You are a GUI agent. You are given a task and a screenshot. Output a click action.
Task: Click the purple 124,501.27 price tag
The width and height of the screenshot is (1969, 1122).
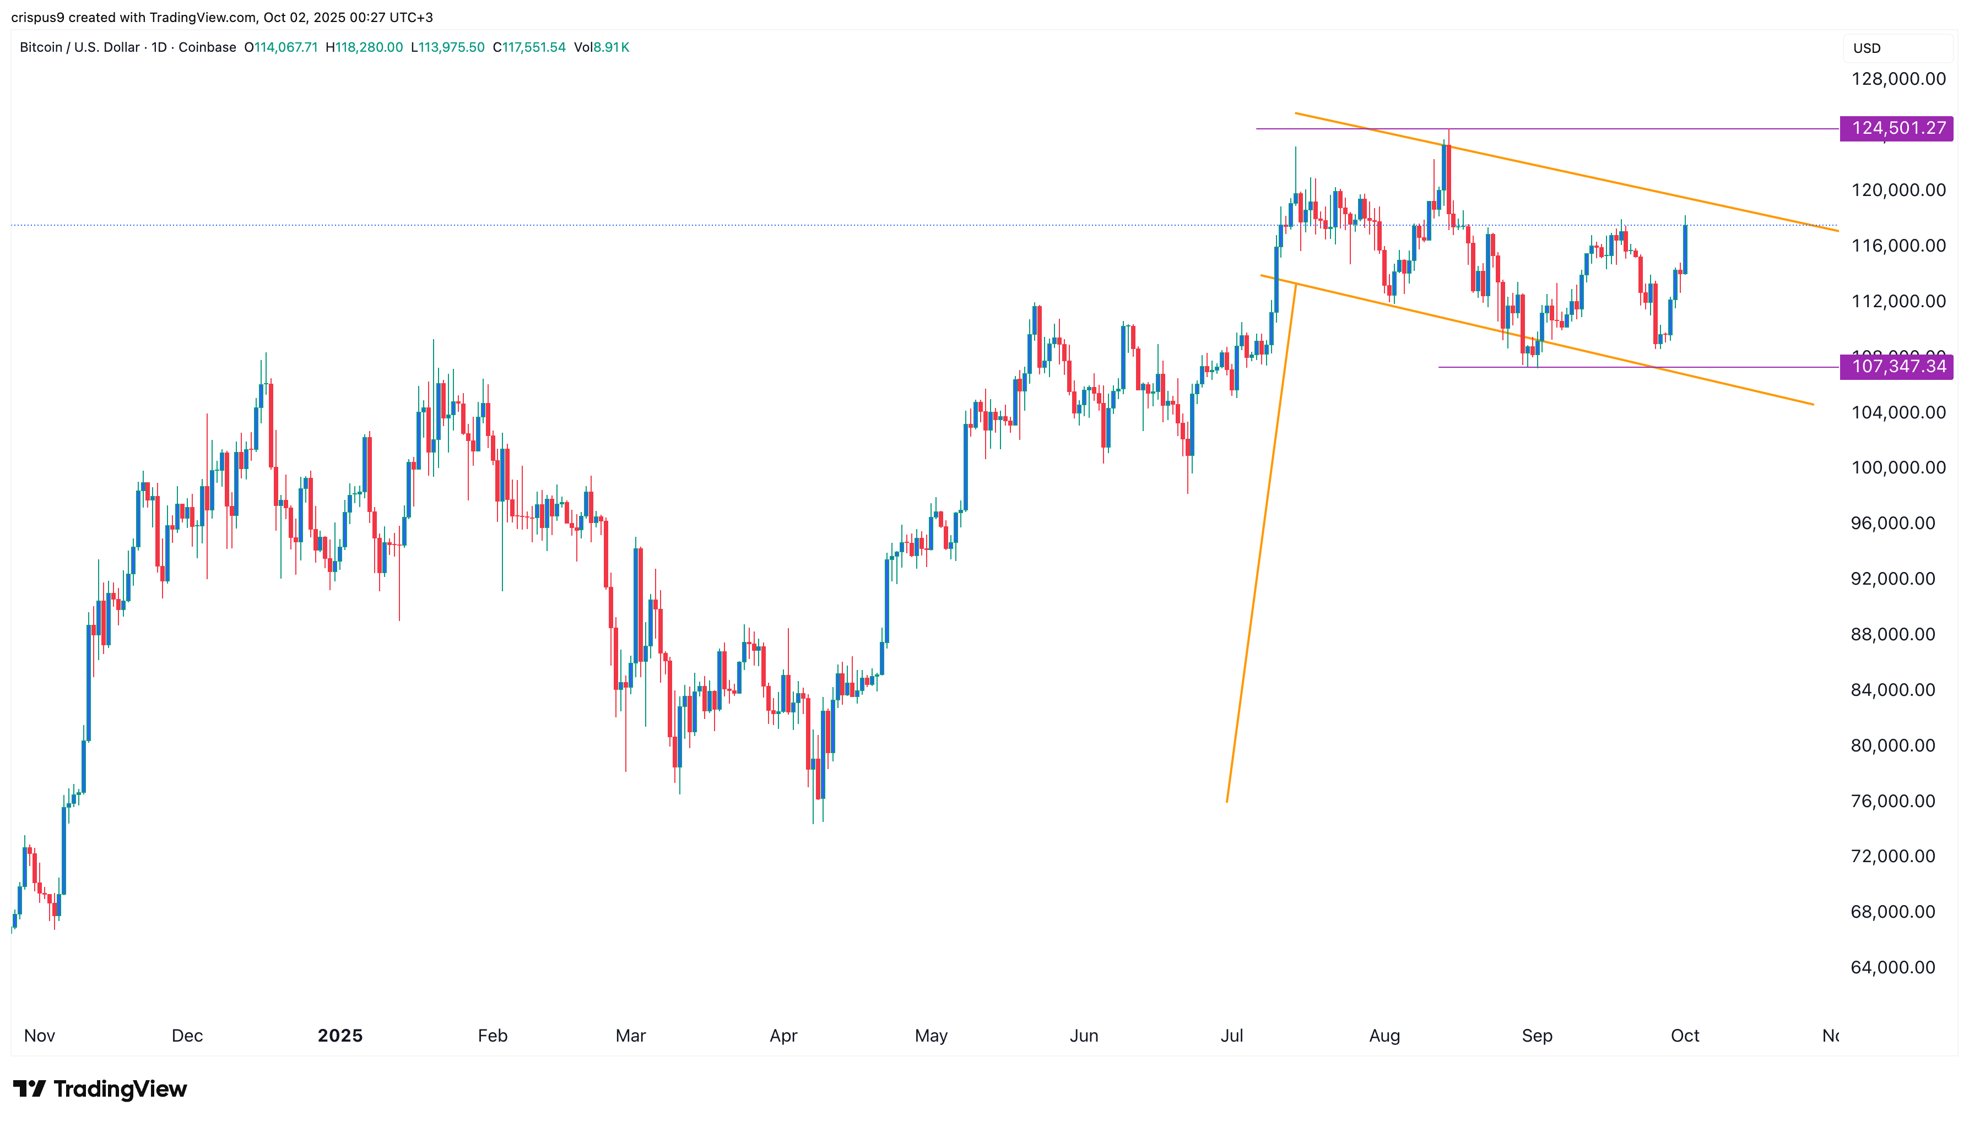tap(1896, 128)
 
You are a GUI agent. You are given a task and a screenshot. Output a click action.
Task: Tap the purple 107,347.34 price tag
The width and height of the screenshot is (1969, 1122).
tap(1896, 366)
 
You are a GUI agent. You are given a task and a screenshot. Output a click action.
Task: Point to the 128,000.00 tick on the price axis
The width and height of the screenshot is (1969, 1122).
tap(1898, 79)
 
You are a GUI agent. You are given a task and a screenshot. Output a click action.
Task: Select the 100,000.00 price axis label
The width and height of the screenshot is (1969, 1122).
tap(1898, 468)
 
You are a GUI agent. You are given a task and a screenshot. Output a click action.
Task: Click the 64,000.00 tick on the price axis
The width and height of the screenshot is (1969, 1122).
tap(1892, 967)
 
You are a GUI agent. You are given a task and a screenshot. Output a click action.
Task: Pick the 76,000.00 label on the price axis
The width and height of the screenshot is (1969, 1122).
tap(1892, 800)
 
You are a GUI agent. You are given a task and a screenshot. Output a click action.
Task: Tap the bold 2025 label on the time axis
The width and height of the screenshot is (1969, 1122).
tap(340, 1036)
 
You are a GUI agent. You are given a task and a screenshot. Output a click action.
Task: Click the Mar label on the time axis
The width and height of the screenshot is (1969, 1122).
tap(631, 1036)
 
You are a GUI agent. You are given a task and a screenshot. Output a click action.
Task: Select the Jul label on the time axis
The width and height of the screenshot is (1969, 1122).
tap(1232, 1036)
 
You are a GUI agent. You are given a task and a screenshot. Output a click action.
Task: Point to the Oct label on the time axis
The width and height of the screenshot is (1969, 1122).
tap(1685, 1036)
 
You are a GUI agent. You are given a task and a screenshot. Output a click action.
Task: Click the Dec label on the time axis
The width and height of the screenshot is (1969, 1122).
tap(187, 1036)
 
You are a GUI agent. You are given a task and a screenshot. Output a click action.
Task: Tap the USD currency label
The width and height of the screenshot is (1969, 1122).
tap(1867, 48)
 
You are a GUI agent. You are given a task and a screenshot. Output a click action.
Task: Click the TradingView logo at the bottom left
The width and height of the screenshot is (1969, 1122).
tap(100, 1089)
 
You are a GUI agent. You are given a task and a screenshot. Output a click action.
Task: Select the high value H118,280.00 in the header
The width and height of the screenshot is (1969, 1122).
tap(364, 47)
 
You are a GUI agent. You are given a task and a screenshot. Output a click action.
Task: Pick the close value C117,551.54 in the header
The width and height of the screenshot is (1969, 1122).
tap(529, 47)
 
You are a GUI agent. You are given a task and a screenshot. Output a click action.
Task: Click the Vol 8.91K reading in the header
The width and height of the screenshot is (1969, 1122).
tap(602, 47)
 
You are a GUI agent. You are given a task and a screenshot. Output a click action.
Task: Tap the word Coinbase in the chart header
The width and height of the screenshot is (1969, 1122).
tap(207, 47)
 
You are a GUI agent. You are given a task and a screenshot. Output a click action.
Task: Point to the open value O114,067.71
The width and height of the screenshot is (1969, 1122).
tap(280, 47)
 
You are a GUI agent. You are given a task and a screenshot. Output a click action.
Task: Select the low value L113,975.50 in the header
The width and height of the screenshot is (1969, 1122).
tap(447, 47)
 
